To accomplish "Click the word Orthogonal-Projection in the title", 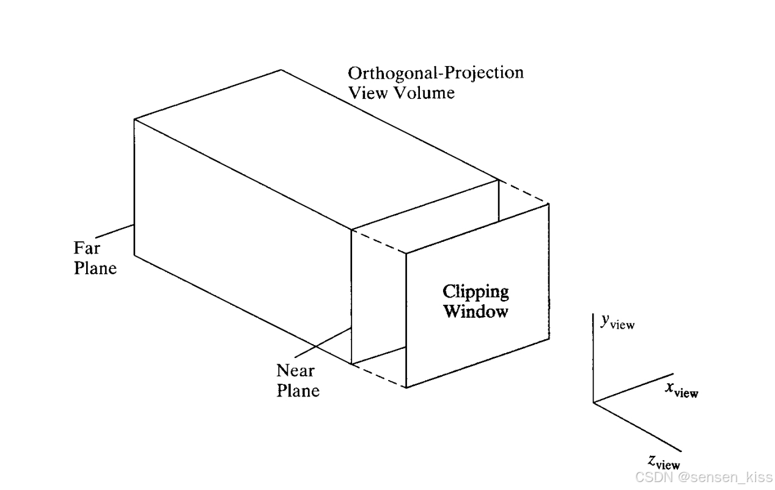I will (435, 73).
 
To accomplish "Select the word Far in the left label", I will (86, 248).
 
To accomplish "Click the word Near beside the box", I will (295, 370).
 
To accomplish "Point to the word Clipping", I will (476, 291).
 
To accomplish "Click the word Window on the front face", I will (476, 312).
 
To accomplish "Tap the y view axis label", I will (617, 323).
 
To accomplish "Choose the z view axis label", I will (664, 463).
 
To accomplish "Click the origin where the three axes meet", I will (593, 402).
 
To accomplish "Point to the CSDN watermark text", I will (703, 477).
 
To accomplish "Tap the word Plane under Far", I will (95, 268).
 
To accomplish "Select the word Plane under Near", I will (298, 390).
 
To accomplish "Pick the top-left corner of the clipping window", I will (406, 252).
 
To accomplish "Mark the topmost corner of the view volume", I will (281, 70).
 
